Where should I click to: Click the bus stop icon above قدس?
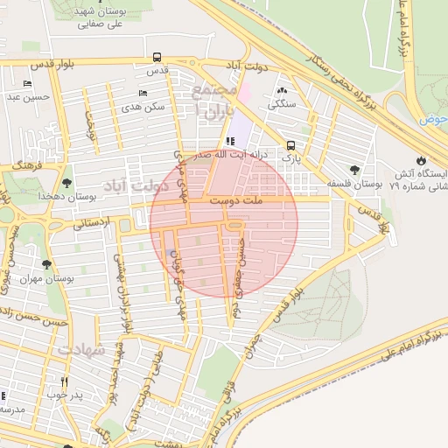pyautogui.click(x=157, y=56)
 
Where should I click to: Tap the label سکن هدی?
pyautogui.click(x=143, y=106)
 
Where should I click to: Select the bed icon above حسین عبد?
pyautogui.click(x=28, y=84)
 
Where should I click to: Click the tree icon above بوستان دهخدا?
pyautogui.click(x=66, y=183)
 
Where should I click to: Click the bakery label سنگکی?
pyautogui.click(x=283, y=103)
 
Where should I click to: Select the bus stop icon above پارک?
pyautogui.click(x=290, y=146)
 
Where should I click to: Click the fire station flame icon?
pyautogui.click(x=423, y=160)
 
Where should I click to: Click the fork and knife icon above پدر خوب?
pyautogui.click(x=64, y=381)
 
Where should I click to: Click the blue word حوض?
pyautogui.click(x=432, y=118)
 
